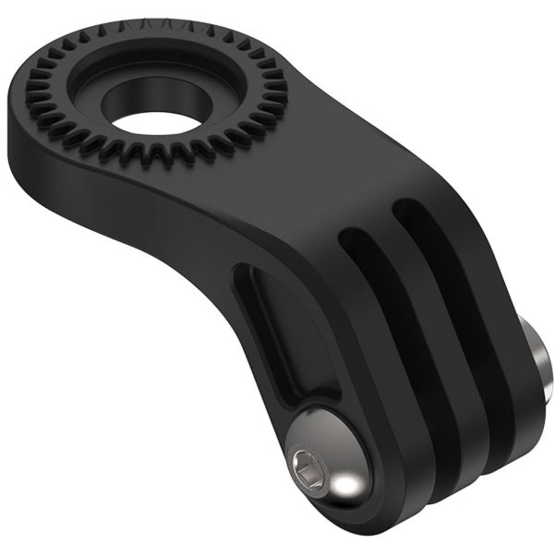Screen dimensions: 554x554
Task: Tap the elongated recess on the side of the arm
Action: tap(277, 328)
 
